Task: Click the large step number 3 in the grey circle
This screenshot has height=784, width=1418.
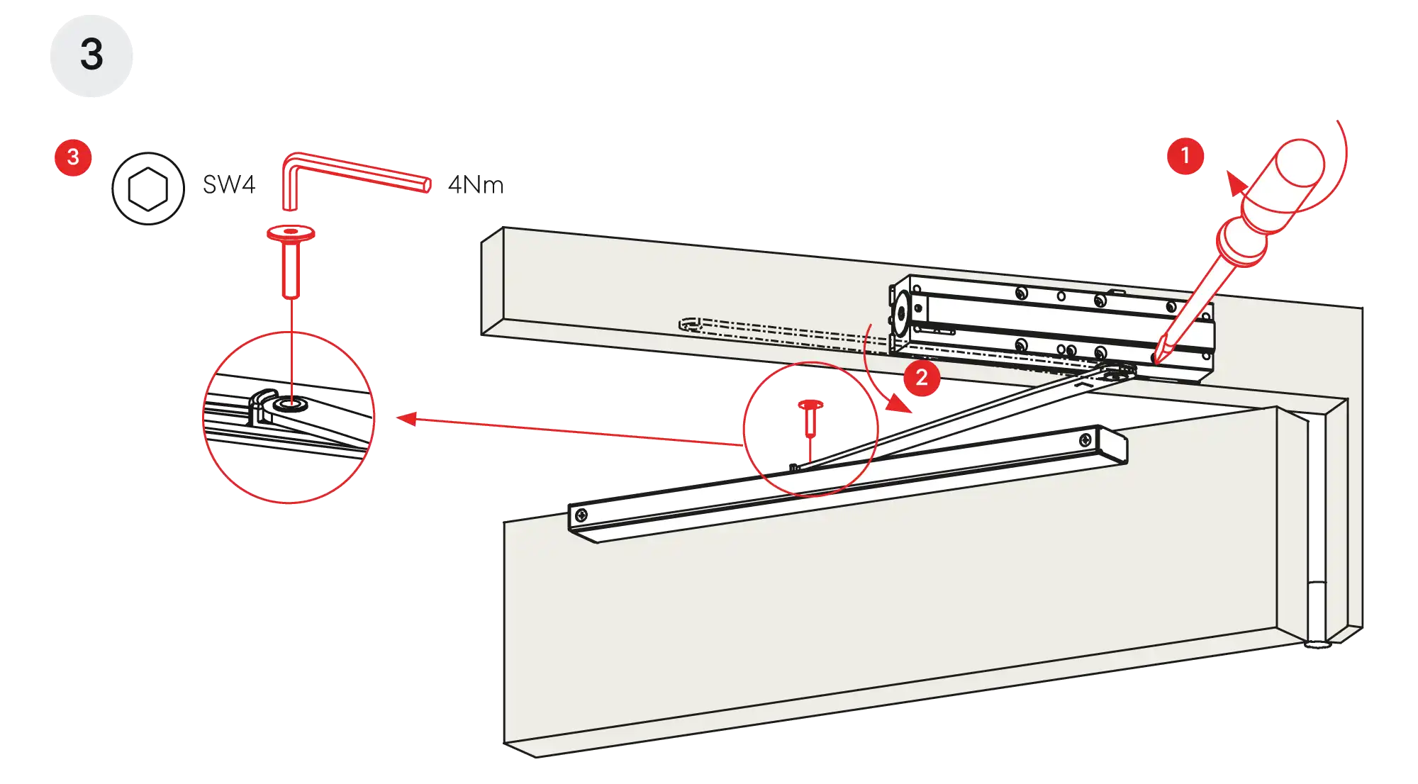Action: coord(91,55)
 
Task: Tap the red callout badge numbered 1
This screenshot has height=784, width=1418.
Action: coord(1185,156)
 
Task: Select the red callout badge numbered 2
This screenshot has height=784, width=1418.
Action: coord(921,376)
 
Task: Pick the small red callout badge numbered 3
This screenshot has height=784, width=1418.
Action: coord(72,157)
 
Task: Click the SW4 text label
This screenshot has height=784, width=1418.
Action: coord(228,184)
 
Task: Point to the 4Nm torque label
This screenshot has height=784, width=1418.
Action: coord(476,185)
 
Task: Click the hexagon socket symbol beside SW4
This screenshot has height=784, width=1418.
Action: coord(147,189)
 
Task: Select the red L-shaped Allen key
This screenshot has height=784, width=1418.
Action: coord(354,174)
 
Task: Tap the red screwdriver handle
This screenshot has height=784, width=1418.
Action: coord(1276,191)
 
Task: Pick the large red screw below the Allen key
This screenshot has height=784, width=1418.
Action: coord(291,259)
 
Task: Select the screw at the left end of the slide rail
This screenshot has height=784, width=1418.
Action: coord(581,514)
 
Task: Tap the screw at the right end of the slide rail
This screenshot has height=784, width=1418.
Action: coord(1085,442)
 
